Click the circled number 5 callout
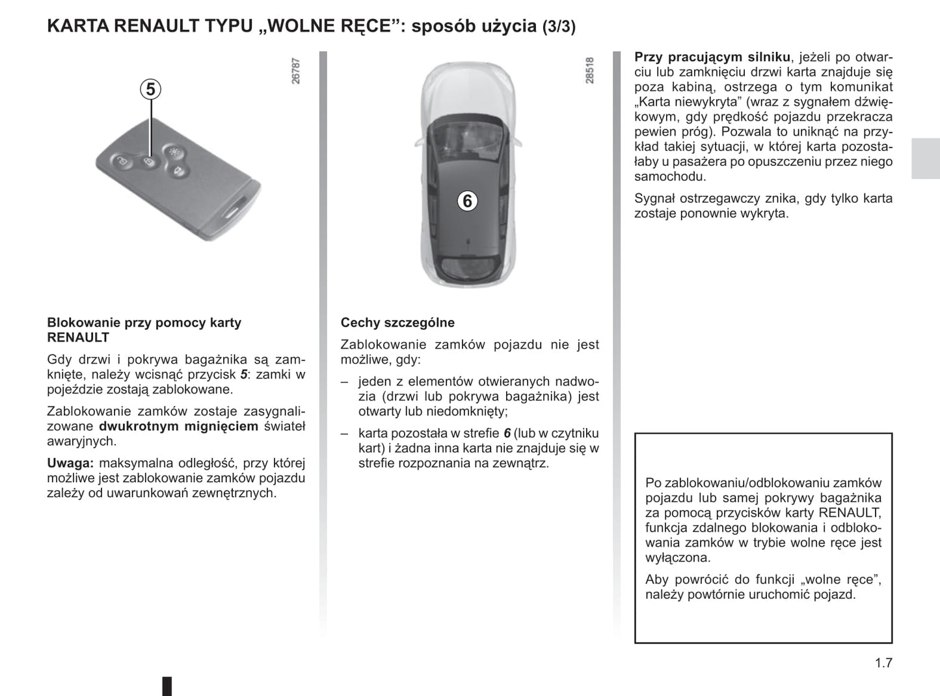coord(151,89)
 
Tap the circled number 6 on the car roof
coord(466,201)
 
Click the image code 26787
coord(296,71)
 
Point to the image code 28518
coord(589,70)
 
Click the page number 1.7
coord(883,663)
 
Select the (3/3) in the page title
coord(559,27)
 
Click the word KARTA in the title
coord(78,27)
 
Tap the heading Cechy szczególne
coord(397,323)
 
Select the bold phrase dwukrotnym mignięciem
coord(178,426)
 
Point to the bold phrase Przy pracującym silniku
coord(712,57)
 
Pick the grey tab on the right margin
coord(925,158)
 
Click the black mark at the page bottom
coord(167,686)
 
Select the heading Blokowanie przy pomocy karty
coord(144,323)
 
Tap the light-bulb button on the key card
coord(173,152)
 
